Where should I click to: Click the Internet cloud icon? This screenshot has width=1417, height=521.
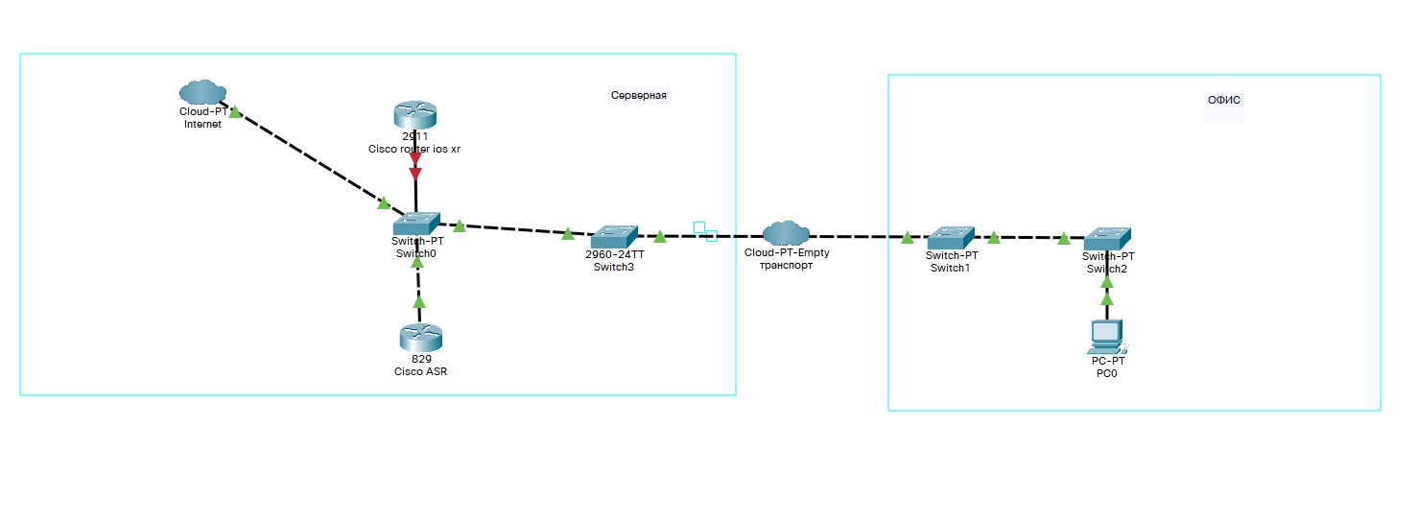click(x=202, y=92)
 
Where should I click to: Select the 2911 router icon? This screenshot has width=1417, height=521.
click(x=414, y=116)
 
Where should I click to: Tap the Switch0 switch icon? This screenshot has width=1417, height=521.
click(x=416, y=223)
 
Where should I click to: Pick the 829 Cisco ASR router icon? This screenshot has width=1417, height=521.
click(x=420, y=338)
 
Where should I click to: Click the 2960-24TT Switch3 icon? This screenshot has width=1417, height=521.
click(x=614, y=235)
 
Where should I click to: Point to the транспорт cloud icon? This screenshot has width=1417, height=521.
click(x=787, y=232)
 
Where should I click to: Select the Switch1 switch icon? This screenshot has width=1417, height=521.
click(x=951, y=237)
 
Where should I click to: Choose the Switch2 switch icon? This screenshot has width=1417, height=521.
click(x=1108, y=238)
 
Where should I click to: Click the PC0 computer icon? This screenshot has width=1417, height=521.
click(x=1107, y=337)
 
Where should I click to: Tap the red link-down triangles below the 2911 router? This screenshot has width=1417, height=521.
click(x=415, y=167)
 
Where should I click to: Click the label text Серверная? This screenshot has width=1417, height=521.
click(x=638, y=96)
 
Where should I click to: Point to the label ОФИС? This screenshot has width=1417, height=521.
click(x=1224, y=100)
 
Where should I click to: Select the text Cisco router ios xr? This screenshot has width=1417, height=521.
click(x=414, y=149)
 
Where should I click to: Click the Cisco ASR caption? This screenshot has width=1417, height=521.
click(x=420, y=372)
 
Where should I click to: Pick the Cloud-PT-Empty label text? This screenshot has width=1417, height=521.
click(x=787, y=252)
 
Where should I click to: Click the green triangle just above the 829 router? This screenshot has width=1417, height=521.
click(x=418, y=301)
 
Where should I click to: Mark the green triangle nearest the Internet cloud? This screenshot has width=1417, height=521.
click(x=234, y=112)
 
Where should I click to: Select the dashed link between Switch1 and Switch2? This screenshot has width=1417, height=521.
click(x=1028, y=237)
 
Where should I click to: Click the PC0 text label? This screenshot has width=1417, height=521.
click(x=1106, y=374)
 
